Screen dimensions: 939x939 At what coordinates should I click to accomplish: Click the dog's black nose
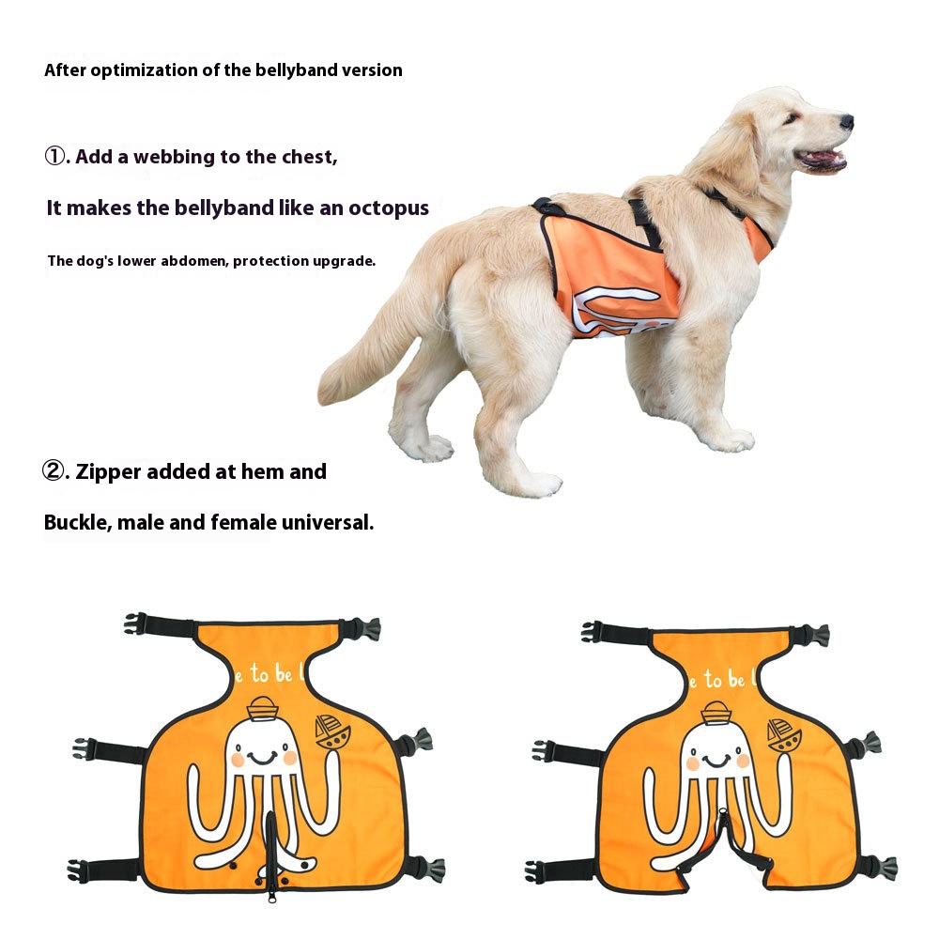click(x=847, y=122)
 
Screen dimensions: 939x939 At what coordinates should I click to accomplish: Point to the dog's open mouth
click(x=821, y=160)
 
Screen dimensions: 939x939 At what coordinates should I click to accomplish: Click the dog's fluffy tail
click(x=371, y=347)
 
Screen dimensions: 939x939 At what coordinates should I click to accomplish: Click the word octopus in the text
click(x=389, y=208)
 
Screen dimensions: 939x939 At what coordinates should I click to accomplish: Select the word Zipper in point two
click(x=108, y=472)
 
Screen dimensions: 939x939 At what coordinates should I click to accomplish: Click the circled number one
click(x=55, y=156)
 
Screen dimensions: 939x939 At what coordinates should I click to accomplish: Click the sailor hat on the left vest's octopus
click(x=262, y=708)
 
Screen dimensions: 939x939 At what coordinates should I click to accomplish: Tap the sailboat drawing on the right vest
click(x=783, y=735)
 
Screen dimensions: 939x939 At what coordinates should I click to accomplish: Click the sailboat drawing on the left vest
click(x=332, y=731)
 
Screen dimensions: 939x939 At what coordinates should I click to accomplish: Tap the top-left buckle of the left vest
click(x=135, y=623)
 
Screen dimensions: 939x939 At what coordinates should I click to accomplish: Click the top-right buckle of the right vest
click(x=818, y=635)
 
